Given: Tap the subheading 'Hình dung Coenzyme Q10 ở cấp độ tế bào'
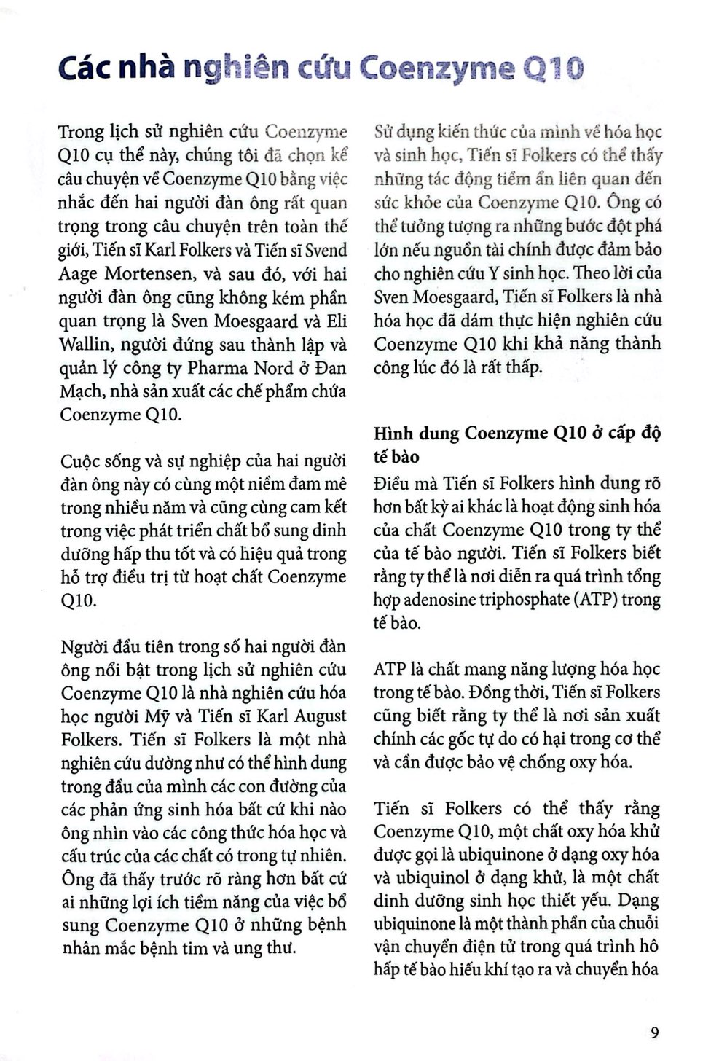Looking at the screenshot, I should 516,445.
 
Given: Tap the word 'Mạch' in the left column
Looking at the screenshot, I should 81,391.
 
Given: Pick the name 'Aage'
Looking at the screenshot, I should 79,274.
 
